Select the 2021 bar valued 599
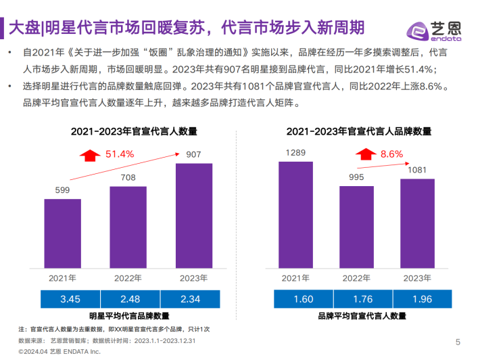[62, 233]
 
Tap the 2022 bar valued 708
[128, 226]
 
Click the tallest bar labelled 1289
[295, 214]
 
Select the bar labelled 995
[356, 226]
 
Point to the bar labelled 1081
[417, 223]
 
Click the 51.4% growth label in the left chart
[120, 154]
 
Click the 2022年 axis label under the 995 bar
[356, 277]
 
